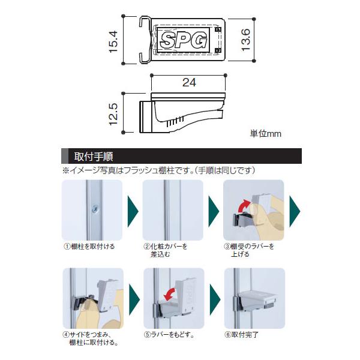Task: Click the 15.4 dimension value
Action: coord(113,42)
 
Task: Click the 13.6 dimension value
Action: coord(245,40)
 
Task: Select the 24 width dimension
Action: coord(189,82)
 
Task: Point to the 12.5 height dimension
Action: coord(113,114)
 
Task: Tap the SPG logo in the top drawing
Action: coord(183,41)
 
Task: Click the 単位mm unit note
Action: coord(265,134)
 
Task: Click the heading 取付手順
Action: coord(94,157)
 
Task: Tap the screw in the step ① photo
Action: coord(95,209)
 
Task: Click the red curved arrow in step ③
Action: coord(244,206)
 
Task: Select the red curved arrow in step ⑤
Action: coord(170,295)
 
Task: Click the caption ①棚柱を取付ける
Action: coord(89,247)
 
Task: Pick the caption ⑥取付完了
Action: coord(241,335)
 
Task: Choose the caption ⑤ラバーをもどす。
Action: coord(169,335)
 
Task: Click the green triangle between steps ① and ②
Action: coord(133,211)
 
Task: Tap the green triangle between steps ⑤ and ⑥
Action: coord(215,299)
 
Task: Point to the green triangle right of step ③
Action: coord(295,211)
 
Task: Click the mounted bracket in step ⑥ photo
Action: coord(255,301)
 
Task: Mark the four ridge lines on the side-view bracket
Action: coord(175,122)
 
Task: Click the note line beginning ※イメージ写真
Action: coord(158,170)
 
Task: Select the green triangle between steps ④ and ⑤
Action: coord(134,299)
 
